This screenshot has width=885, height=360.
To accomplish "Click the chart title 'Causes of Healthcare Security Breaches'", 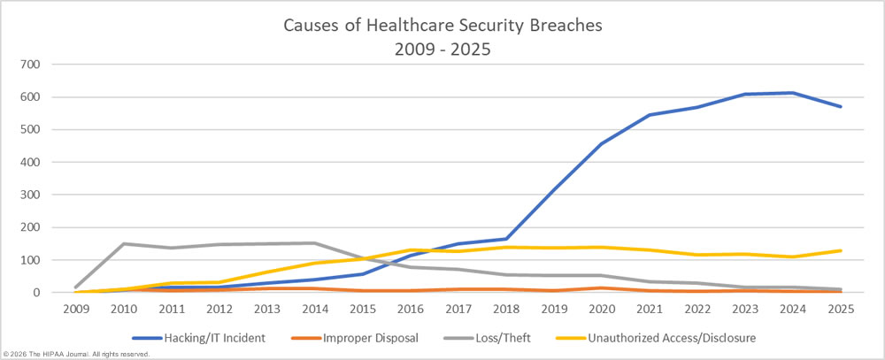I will point(442,25).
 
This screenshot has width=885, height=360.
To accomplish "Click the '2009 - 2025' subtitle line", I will point(442,50).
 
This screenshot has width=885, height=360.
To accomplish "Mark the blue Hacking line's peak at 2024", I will point(794,93).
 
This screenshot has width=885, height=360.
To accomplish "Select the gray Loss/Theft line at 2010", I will point(123,243).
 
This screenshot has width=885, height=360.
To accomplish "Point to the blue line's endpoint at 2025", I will point(841,106).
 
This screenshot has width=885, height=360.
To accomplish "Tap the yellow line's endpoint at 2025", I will point(841,250).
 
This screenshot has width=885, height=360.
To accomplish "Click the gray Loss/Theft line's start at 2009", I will point(77,287).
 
